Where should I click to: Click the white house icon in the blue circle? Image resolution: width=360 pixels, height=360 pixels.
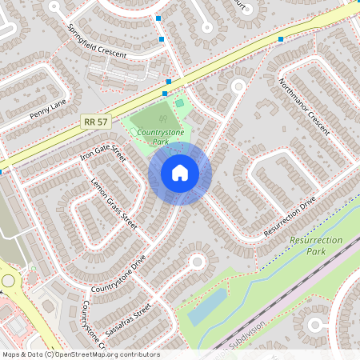(x=180, y=173)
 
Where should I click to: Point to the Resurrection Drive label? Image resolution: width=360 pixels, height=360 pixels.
(x=291, y=217)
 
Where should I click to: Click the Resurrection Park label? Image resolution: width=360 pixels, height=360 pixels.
(x=318, y=245)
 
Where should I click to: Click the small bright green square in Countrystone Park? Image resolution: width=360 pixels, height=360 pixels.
(x=179, y=102)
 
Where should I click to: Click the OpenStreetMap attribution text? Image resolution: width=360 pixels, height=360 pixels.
(x=81, y=354)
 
